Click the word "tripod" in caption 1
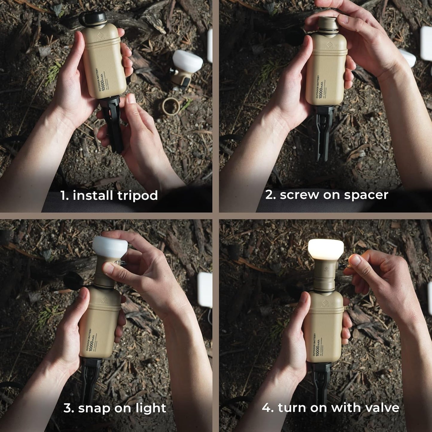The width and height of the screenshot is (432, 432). click(137, 196)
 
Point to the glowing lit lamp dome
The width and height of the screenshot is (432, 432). click(326, 249)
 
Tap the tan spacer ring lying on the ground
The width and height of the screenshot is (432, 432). click(171, 106)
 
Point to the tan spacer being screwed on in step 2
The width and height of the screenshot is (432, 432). click(328, 24)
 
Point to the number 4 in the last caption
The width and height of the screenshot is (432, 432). click(266, 408)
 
